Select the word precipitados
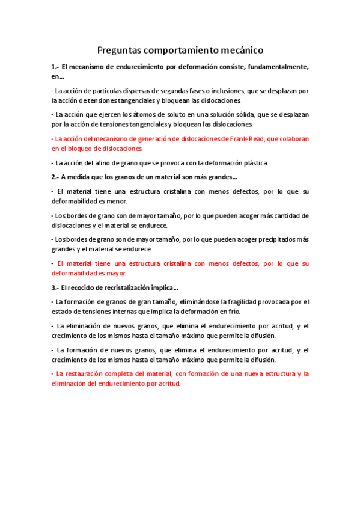pyautogui.click(x=276, y=239)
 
